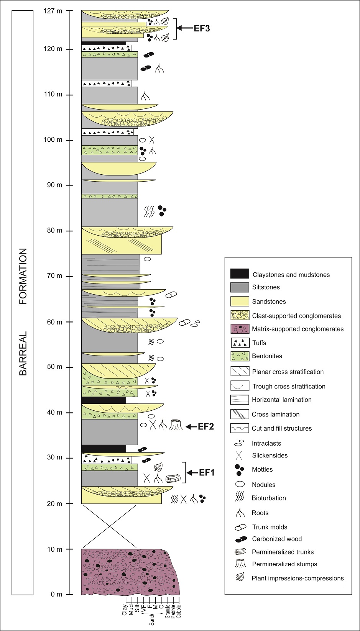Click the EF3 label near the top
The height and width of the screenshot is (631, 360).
click(202, 28)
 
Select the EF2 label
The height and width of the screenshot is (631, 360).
click(205, 426)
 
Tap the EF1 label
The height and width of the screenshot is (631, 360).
click(207, 472)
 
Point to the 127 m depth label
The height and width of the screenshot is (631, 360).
click(53, 11)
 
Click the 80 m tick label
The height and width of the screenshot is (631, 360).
click(54, 231)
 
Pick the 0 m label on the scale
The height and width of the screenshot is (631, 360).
click(56, 594)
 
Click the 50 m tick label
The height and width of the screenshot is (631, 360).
click(54, 367)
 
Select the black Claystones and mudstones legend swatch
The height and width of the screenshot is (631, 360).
click(240, 274)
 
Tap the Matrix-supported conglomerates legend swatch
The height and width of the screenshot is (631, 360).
click(240, 329)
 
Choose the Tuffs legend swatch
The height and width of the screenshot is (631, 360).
click(240, 343)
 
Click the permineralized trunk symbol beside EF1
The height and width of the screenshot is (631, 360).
click(173, 478)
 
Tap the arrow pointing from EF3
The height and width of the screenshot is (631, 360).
click(185, 28)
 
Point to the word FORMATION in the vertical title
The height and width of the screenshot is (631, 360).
click(23, 276)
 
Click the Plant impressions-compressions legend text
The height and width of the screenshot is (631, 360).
click(298, 578)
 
